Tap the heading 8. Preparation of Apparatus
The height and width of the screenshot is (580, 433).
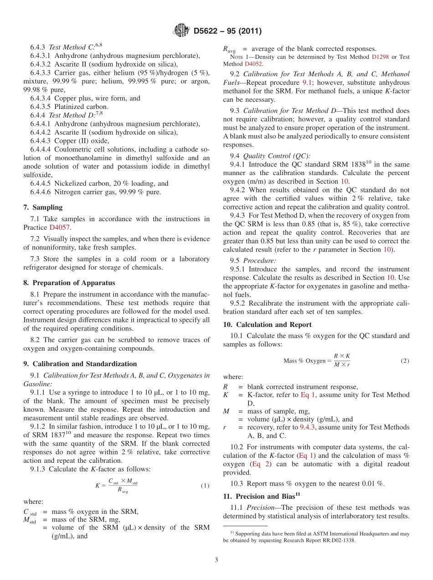(x=69, y=283)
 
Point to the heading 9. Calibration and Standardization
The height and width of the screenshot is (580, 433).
(x=80, y=364)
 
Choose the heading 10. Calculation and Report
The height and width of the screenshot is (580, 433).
(x=267, y=325)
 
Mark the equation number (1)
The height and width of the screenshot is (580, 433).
(x=205, y=486)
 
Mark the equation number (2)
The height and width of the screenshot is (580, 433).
(x=405, y=361)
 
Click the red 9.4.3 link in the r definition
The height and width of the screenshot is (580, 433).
(x=309, y=427)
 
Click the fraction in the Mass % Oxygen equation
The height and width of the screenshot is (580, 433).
(x=342, y=360)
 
